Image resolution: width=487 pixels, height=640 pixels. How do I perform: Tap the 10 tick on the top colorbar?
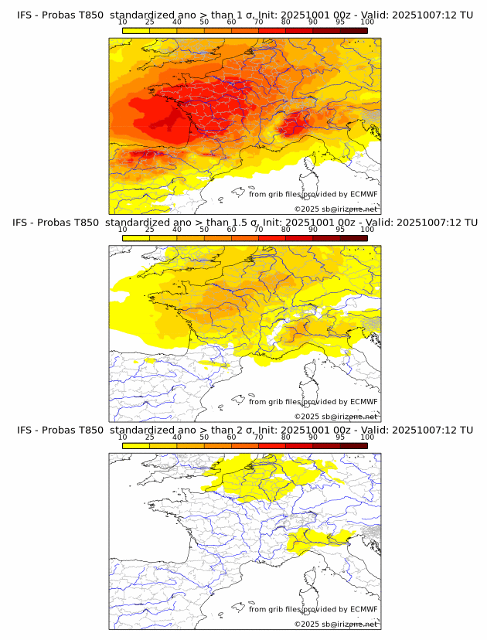coord(123,22)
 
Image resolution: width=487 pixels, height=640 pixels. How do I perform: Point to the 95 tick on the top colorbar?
coord(340,22)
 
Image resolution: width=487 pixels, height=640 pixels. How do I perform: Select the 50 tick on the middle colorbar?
coord(204,230)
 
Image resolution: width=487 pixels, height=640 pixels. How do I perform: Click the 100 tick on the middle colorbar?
coord(367,230)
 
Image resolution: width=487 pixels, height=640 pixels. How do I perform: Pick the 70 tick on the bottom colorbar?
coord(258,437)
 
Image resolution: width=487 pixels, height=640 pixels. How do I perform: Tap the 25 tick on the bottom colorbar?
coord(149,437)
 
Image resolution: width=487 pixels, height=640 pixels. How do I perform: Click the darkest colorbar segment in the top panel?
coord(353,30)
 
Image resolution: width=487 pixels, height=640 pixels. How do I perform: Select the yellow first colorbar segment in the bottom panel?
coord(136,446)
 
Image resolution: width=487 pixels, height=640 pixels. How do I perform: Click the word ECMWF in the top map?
coord(364,194)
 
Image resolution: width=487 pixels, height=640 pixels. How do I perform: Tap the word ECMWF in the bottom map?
coord(364,610)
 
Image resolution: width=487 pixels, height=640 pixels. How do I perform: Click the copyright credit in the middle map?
coord(335,417)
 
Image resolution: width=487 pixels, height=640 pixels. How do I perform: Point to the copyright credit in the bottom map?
coord(335,624)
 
